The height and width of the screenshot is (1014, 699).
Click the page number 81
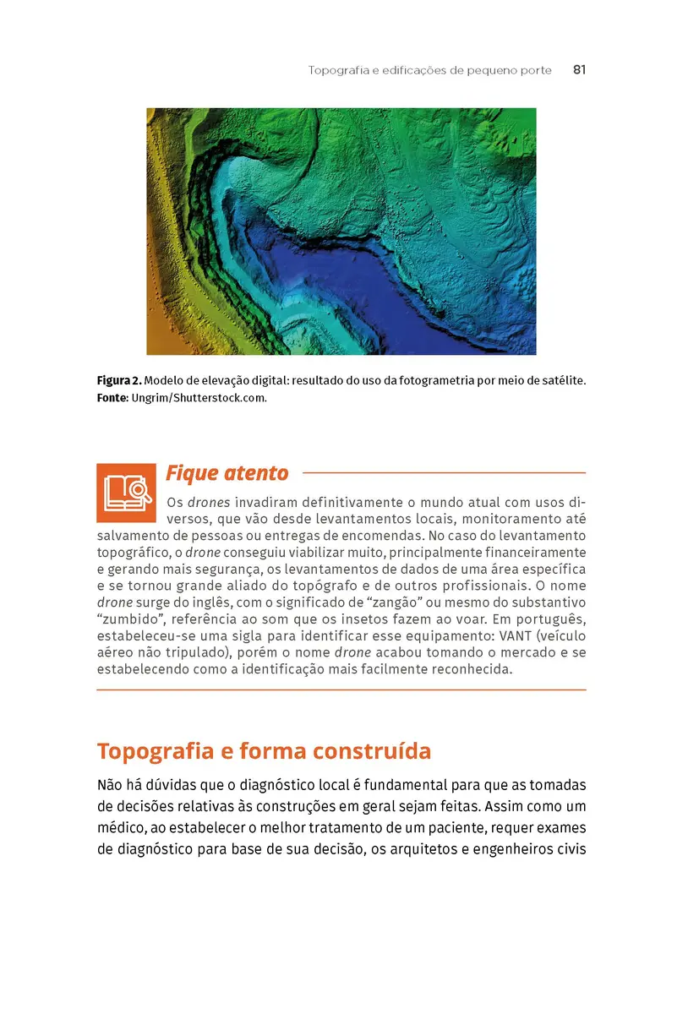(579, 70)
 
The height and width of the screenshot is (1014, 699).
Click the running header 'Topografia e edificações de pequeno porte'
(429, 70)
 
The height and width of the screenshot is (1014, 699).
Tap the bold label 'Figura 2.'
(117, 381)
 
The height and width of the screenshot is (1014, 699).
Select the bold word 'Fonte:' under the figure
(112, 397)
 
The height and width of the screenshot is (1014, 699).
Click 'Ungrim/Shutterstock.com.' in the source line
(199, 397)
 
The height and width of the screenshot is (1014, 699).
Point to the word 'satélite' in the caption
(561, 381)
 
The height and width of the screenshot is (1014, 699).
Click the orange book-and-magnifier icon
(127, 492)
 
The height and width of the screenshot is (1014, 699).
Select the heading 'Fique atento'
(227, 472)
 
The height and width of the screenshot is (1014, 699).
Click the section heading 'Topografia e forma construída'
(264, 751)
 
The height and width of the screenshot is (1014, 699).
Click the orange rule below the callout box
(341, 690)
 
